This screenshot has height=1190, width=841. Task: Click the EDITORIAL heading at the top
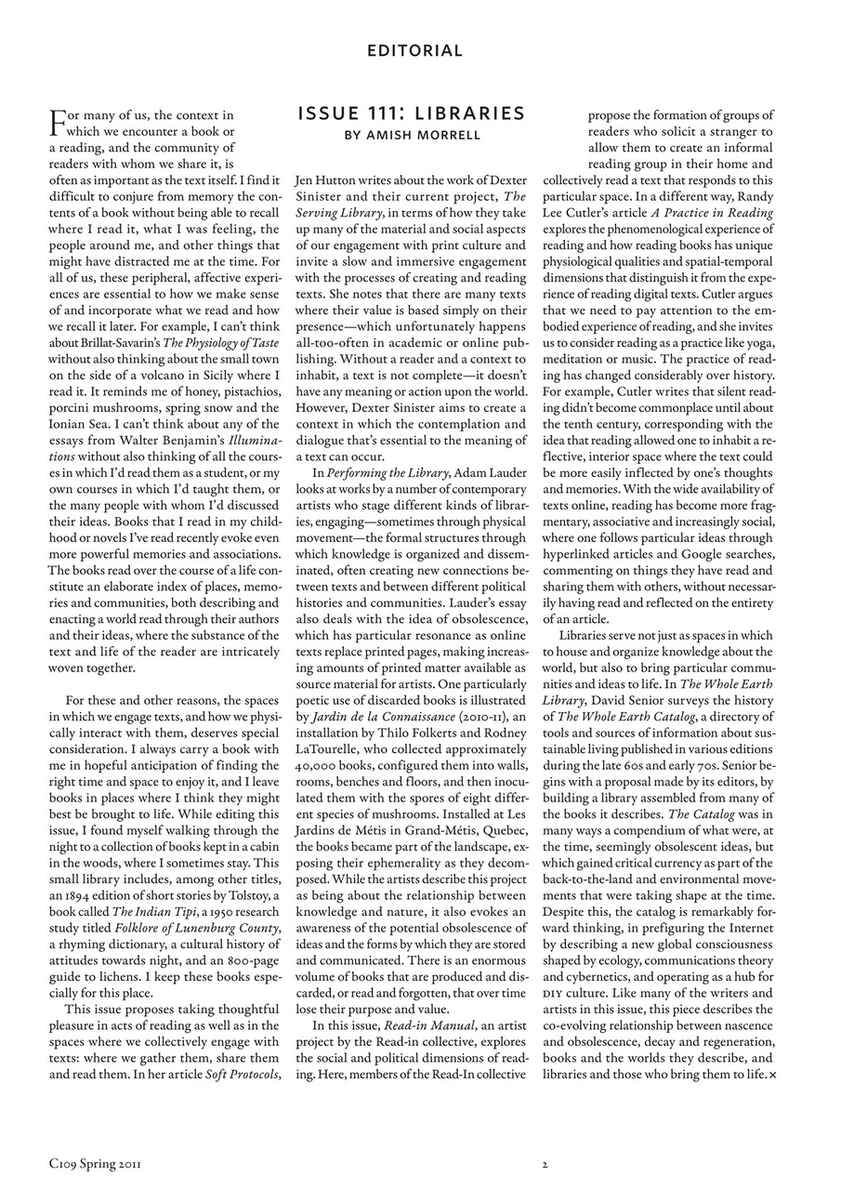[x=414, y=50]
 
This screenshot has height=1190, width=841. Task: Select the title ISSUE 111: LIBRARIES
[x=411, y=113]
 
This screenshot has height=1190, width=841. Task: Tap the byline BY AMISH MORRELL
[x=411, y=135]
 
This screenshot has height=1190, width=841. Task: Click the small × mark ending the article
[x=772, y=1076]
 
